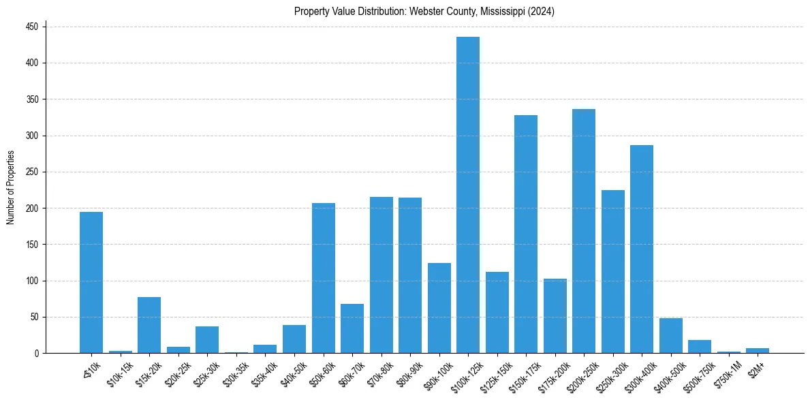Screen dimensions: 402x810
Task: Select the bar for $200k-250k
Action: coord(584,231)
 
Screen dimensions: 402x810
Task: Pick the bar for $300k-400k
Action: coord(642,249)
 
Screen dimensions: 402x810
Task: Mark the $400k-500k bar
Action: coord(671,335)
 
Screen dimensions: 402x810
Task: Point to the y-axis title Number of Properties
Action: coord(11,187)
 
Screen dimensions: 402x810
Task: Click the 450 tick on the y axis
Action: coord(33,27)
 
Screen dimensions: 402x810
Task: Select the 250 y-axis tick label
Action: coord(33,172)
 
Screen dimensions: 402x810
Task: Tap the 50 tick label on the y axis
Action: coord(35,317)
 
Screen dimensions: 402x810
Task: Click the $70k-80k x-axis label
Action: coord(379,372)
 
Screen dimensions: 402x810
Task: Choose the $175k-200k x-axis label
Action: coord(552,374)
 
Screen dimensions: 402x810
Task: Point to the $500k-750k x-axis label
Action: coord(698,374)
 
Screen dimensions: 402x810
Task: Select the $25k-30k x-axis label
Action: coord(205,372)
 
